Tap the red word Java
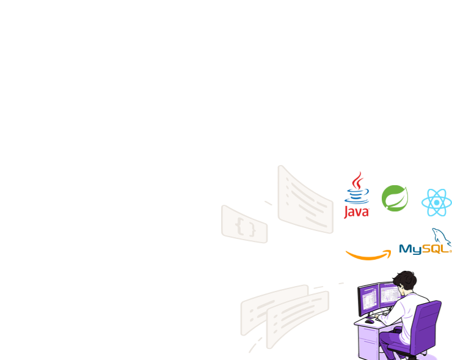click(357, 211)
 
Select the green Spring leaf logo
click(395, 198)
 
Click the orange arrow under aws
click(368, 255)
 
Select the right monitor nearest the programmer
click(388, 296)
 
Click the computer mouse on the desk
click(370, 320)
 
